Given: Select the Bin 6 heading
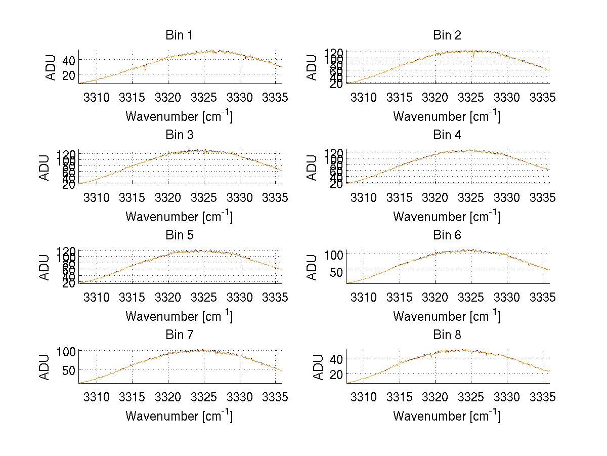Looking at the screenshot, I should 447,235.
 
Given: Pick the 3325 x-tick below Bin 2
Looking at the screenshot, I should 471,98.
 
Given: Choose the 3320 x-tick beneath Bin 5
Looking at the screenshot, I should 168,297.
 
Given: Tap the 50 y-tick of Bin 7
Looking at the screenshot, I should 69,369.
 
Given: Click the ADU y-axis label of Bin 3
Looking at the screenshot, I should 45,168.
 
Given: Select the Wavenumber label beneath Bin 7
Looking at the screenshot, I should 179,416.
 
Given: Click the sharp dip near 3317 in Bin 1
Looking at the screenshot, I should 145,69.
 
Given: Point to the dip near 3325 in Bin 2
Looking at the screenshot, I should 473,56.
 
